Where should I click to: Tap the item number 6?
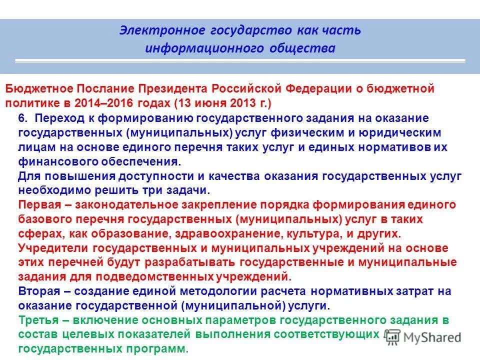[x=22, y=118]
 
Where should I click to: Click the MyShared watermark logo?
[x=424, y=337]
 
